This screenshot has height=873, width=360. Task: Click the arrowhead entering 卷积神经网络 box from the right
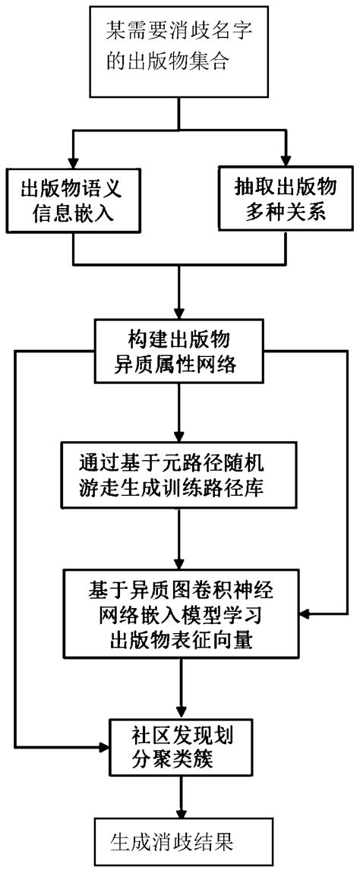click(301, 613)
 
